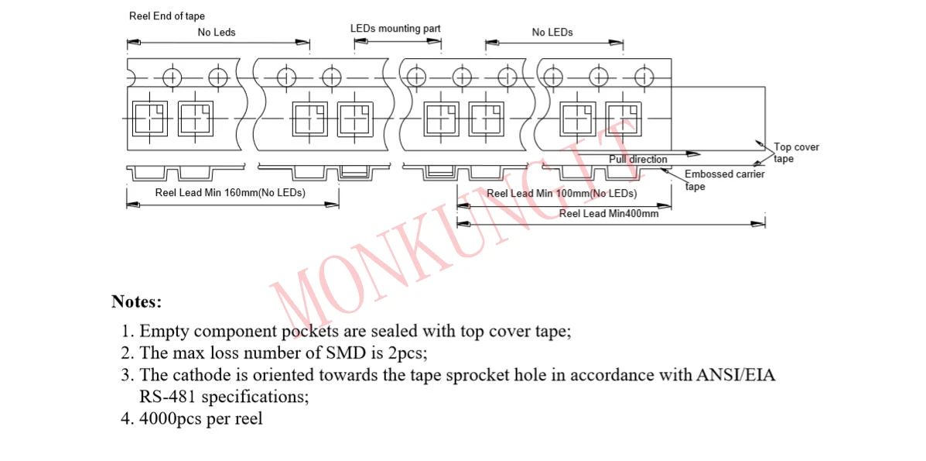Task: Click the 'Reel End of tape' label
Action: coord(167,16)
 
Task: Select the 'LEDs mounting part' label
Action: coord(395,29)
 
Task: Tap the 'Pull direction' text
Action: coord(637,160)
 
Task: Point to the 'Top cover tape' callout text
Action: coord(796,153)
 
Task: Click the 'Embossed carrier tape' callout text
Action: coord(724,180)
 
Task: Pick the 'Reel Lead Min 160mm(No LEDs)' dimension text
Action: coord(230,193)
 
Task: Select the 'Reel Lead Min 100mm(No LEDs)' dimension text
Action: coord(562,193)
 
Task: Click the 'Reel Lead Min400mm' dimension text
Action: coord(609,214)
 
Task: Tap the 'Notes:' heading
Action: coord(136,301)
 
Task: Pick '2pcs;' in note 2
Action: coord(407,353)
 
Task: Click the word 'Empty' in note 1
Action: coord(164,332)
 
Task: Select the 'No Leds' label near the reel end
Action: coord(217,33)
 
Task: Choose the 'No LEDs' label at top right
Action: coord(552,33)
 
